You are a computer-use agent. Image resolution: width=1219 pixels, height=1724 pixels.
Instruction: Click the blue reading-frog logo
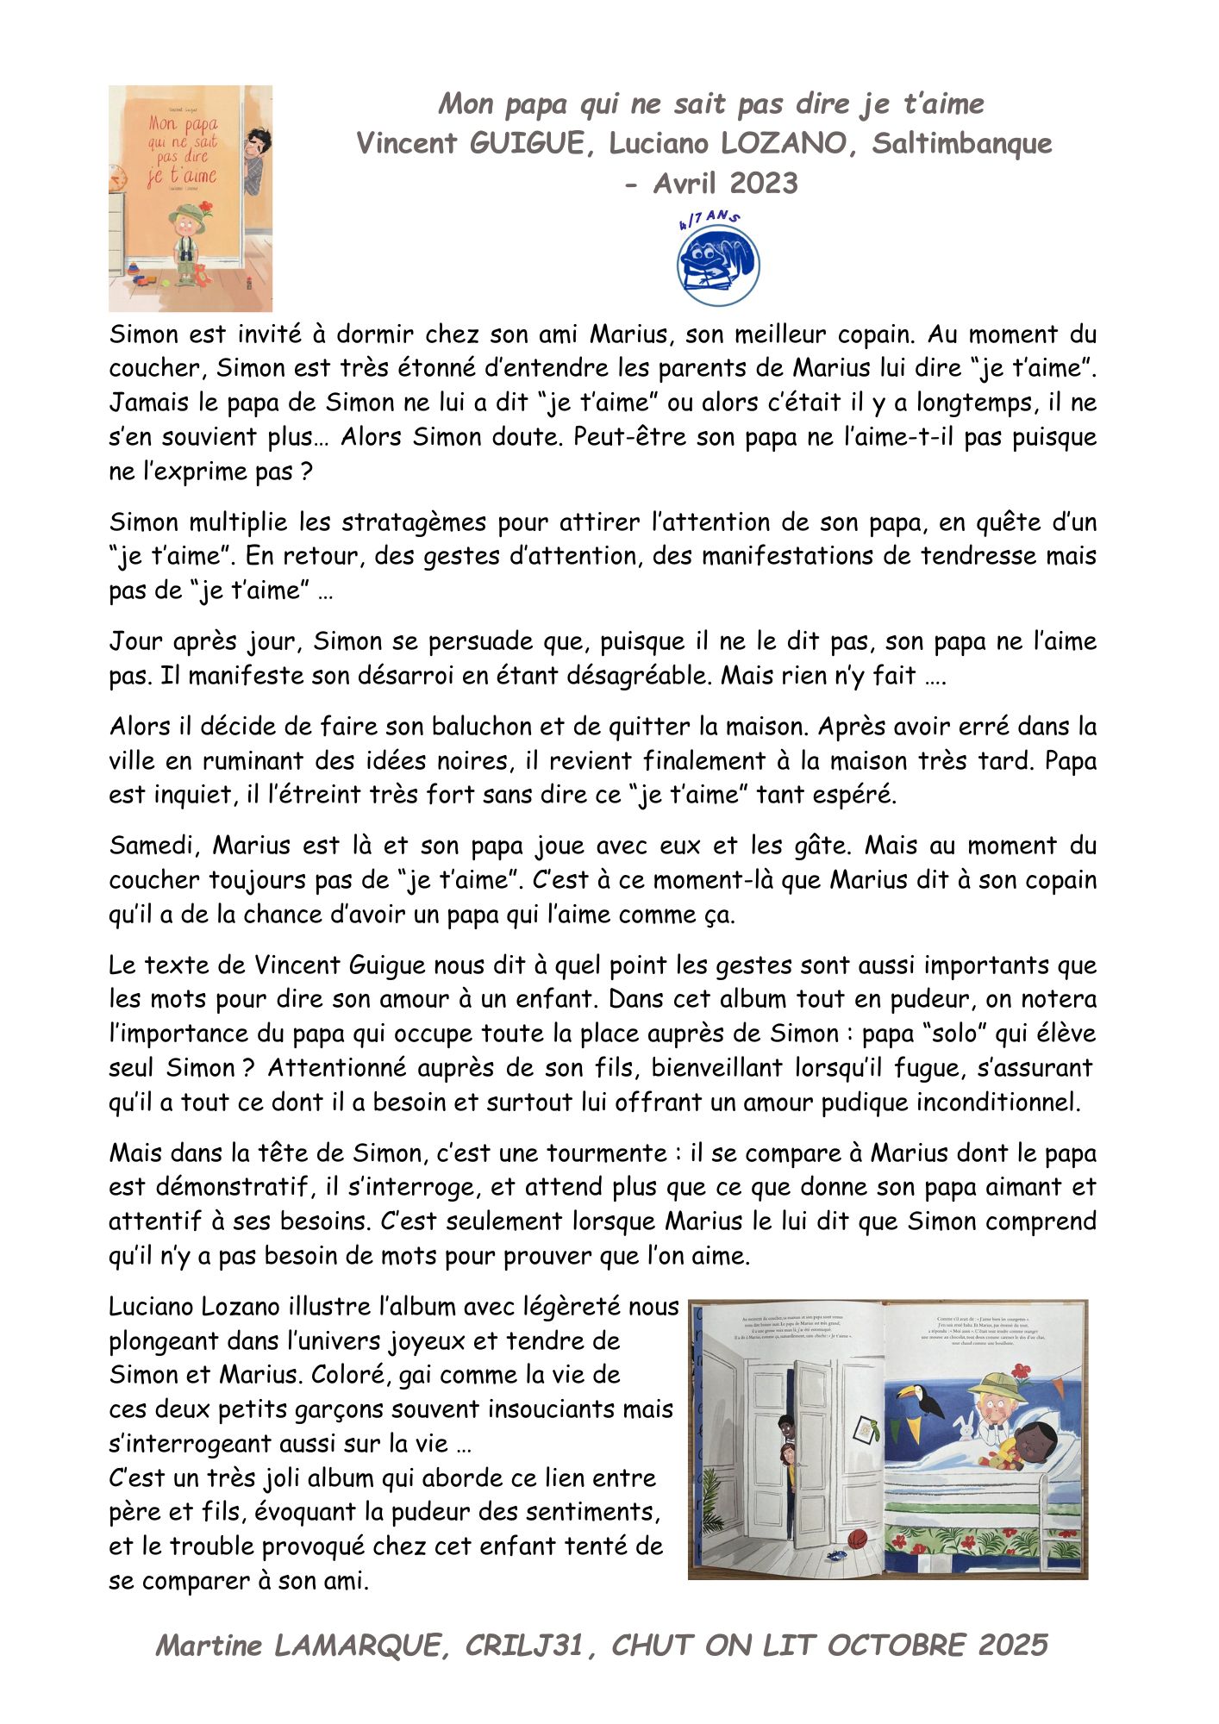click(717, 265)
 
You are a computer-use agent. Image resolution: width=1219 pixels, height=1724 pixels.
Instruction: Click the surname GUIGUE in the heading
click(527, 143)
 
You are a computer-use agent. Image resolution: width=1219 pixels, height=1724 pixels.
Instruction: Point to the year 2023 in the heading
click(763, 183)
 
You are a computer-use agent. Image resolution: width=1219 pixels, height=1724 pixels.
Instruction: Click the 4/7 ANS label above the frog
click(709, 219)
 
